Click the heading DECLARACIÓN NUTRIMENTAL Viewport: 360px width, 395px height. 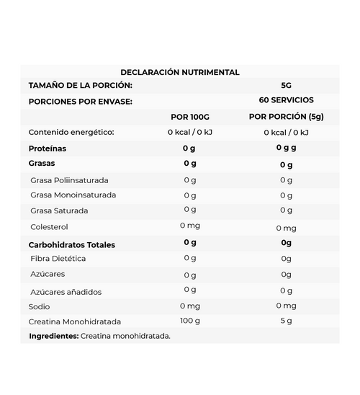(x=180, y=72)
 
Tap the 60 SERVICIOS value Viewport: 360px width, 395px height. (x=286, y=100)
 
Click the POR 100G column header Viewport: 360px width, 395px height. (x=189, y=117)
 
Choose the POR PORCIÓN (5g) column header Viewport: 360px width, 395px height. (x=286, y=117)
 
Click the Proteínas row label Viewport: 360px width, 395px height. (x=48, y=148)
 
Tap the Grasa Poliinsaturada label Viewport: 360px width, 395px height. (x=69, y=179)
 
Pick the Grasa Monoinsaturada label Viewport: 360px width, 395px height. (x=73, y=195)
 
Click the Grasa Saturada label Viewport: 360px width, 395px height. (x=59, y=211)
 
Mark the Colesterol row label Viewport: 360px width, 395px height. (x=50, y=227)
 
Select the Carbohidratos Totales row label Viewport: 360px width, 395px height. (x=71, y=244)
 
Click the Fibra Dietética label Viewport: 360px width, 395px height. (x=58, y=258)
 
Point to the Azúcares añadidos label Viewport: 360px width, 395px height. (x=66, y=292)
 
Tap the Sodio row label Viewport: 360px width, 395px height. (x=39, y=306)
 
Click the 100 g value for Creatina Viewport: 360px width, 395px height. (x=189, y=320)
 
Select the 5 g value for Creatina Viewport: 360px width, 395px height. (x=286, y=321)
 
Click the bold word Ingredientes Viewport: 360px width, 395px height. (x=53, y=336)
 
